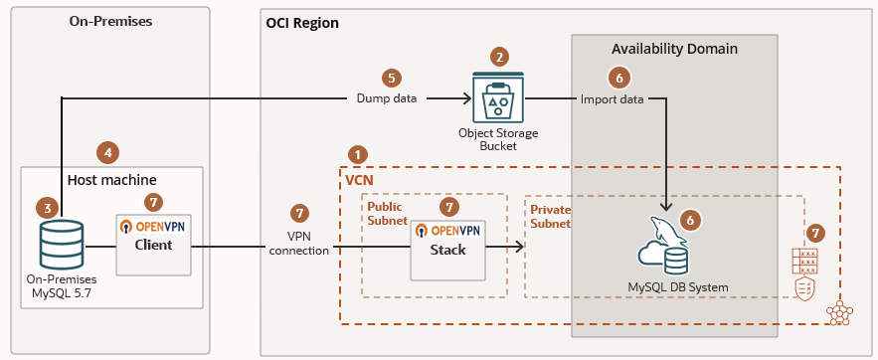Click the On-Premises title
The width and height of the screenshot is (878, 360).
[109, 21]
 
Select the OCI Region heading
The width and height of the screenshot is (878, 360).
[302, 23]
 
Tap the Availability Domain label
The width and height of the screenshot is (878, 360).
[674, 49]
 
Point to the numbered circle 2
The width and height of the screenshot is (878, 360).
[500, 57]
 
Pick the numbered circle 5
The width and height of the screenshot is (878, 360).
[392, 77]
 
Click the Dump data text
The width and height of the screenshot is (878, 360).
[387, 98]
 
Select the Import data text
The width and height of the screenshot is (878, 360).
[612, 98]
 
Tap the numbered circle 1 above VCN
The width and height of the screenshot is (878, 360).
[359, 154]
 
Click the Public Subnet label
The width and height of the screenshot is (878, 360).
[387, 215]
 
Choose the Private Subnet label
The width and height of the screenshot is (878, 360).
[550, 217]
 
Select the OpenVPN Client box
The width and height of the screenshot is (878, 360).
[153, 244]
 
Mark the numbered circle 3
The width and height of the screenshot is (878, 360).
[45, 208]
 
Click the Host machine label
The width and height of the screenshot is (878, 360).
[111, 180]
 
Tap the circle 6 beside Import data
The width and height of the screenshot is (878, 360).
[618, 77]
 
